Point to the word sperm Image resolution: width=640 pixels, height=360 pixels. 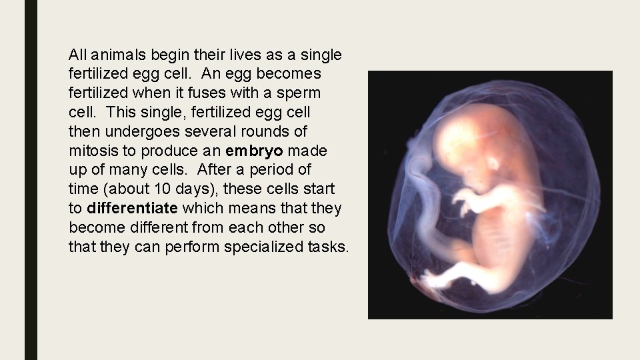(299, 93)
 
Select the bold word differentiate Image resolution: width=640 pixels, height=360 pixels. (132, 209)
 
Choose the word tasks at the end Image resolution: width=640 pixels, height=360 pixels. (329, 247)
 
